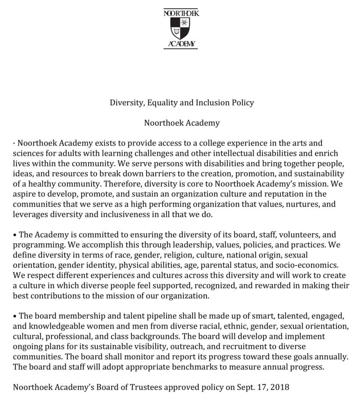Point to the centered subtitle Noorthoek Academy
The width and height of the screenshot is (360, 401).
pos(181,123)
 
